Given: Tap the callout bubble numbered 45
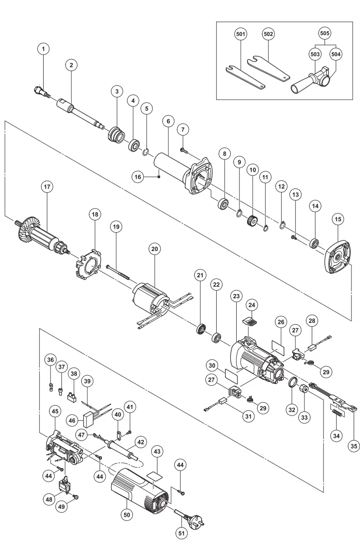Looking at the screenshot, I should tap(55, 411).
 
